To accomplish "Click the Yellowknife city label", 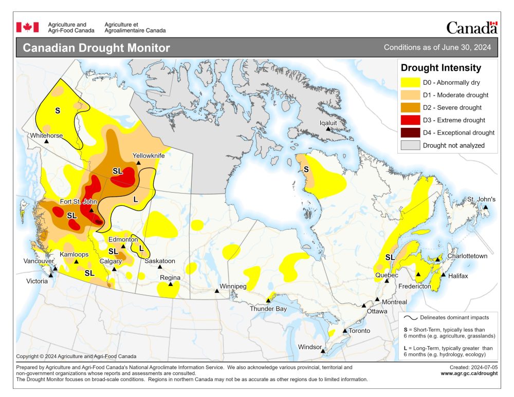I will pyautogui.click(x=149, y=155).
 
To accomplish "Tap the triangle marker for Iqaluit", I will pyautogui.click(x=328, y=129).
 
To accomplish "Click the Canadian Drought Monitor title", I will pyautogui.click(x=97, y=48).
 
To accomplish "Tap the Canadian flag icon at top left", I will pyautogui.click(x=28, y=27).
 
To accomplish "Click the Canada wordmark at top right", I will pyautogui.click(x=471, y=27).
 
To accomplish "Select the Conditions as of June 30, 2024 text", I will pyautogui.click(x=437, y=48).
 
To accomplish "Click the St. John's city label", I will pyautogui.click(x=481, y=199).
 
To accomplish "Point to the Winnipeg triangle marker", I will pyautogui.click(x=217, y=291).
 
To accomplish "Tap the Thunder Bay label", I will pyautogui.click(x=268, y=309).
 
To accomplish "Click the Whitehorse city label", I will pyautogui.click(x=46, y=136).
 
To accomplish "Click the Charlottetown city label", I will pyautogui.click(x=467, y=256).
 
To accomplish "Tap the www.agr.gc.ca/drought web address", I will pyautogui.click(x=469, y=373).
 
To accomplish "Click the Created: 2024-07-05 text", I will pyautogui.click(x=473, y=367).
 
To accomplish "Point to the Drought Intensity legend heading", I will pyautogui.click(x=440, y=68).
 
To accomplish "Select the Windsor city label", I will pyautogui.click(x=310, y=347).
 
